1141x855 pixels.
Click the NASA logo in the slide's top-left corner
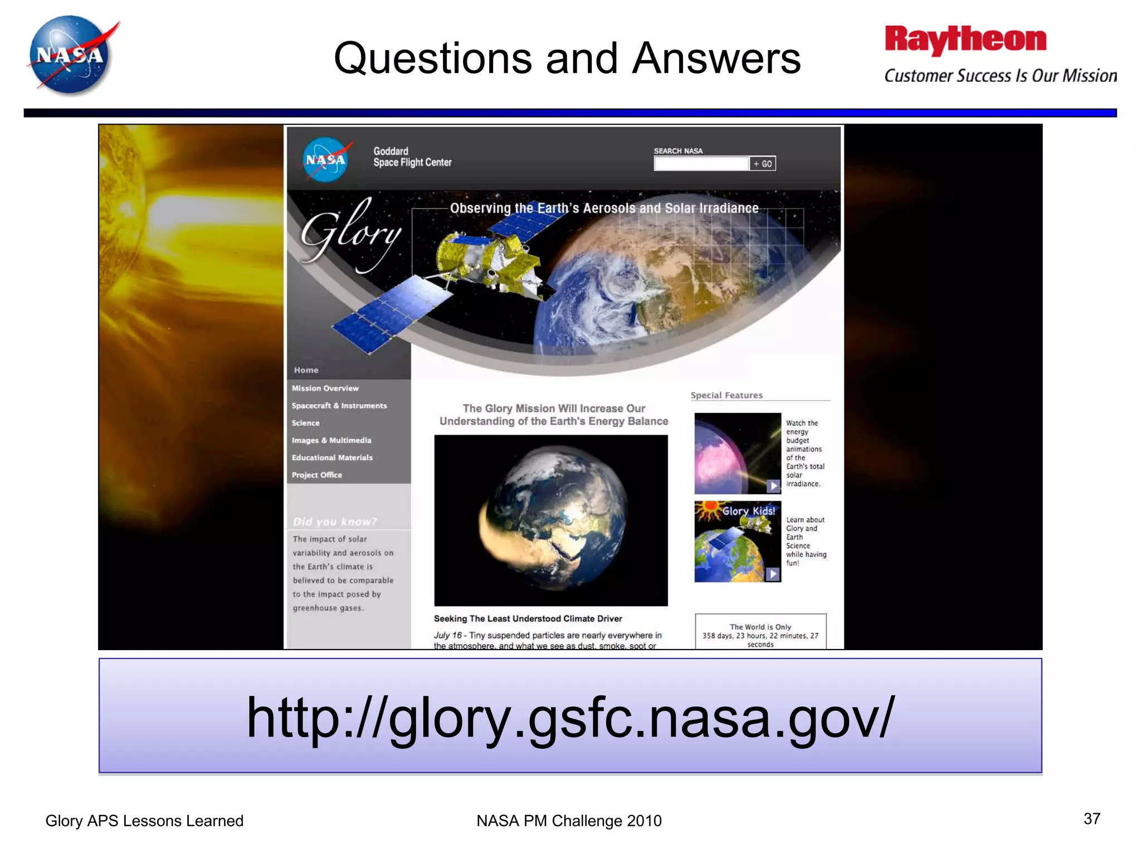pyautogui.click(x=72, y=55)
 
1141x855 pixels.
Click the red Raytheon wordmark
pyautogui.click(x=966, y=40)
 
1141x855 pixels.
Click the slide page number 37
pyautogui.click(x=1091, y=818)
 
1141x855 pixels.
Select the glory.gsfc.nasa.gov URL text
pyautogui.click(x=570, y=718)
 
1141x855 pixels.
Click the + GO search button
pyautogui.click(x=763, y=164)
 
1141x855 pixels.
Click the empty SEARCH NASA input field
pyautogui.click(x=701, y=164)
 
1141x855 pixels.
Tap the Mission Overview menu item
pyautogui.click(x=325, y=389)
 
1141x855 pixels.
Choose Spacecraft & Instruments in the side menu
pyautogui.click(x=339, y=406)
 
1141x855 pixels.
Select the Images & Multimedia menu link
pyautogui.click(x=331, y=440)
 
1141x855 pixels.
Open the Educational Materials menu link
pyautogui.click(x=332, y=458)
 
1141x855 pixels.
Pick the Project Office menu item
pyautogui.click(x=317, y=475)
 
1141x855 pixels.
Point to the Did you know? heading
pyautogui.click(x=335, y=522)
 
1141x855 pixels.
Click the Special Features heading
pyautogui.click(x=726, y=395)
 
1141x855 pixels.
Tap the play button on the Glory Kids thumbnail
pyautogui.click(x=773, y=574)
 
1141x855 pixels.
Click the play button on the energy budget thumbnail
pyautogui.click(x=773, y=486)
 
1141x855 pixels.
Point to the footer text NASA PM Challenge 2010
pyautogui.click(x=569, y=820)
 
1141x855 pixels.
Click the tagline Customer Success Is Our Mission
pyautogui.click(x=1000, y=76)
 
